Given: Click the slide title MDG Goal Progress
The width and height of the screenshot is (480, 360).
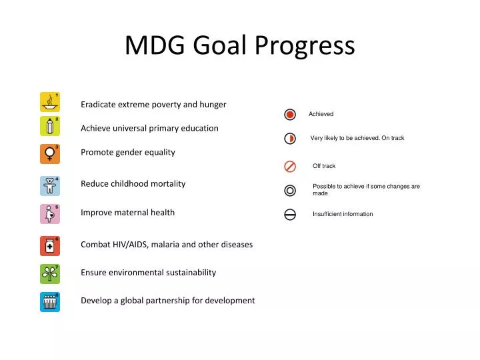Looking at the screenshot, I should [x=240, y=45].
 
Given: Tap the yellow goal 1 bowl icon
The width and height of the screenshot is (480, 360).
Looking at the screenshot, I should [x=50, y=102].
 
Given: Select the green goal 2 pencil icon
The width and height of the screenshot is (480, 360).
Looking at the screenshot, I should [x=50, y=126].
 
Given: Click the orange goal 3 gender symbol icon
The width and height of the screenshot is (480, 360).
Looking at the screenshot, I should [x=50, y=154].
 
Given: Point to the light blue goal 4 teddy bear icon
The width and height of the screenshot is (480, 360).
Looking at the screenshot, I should [x=50, y=185].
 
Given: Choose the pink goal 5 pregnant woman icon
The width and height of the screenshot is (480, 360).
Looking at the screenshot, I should [x=50, y=214].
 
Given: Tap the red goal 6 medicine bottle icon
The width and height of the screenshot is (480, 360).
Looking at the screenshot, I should [x=50, y=246].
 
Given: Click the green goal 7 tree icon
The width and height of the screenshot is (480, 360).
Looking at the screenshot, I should [x=50, y=274].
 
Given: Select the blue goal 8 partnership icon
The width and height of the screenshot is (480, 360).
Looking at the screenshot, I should [x=50, y=302].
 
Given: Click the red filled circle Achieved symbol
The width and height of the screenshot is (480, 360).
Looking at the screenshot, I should [x=290, y=114].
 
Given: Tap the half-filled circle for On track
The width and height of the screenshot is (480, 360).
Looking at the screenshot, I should [x=290, y=139].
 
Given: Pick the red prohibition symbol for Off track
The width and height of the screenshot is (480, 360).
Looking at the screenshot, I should [x=290, y=166].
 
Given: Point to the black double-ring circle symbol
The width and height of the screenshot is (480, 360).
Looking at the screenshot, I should [x=290, y=190].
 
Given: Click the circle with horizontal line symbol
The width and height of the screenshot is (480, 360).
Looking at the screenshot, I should [x=290, y=214].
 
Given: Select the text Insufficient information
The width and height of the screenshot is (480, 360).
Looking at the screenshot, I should [x=343, y=214].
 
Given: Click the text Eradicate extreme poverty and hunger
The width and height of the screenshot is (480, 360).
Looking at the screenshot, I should [x=153, y=104].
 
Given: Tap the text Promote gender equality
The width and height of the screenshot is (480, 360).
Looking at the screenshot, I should [x=128, y=152].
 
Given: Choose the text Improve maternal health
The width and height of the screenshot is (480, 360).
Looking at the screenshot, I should [x=128, y=213].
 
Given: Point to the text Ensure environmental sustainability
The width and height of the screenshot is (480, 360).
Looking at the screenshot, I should [x=149, y=272].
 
